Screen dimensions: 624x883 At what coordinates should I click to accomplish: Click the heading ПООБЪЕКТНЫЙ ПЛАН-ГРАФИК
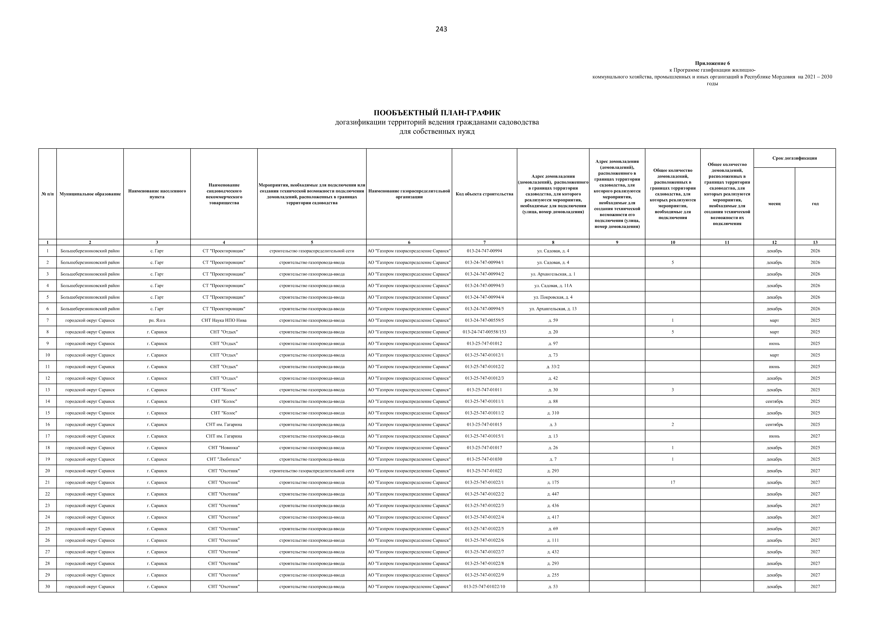click(x=437, y=113)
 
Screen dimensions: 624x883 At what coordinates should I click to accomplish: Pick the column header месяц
click(x=774, y=203)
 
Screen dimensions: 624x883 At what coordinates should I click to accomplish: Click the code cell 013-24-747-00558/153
click(x=484, y=332)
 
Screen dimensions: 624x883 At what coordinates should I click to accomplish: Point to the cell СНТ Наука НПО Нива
click(x=224, y=320)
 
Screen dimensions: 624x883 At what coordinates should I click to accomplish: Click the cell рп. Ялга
click(x=157, y=320)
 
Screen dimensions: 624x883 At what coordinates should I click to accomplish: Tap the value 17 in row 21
click(x=673, y=482)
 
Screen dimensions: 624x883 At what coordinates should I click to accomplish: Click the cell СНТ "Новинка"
click(x=224, y=447)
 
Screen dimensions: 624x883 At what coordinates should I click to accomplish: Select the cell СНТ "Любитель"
click(x=224, y=459)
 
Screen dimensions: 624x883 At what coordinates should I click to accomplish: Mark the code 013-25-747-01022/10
click(x=484, y=586)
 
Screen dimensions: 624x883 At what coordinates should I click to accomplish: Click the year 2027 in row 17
click(x=815, y=436)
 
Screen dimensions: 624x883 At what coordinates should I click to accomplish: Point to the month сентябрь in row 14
click(x=774, y=401)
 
